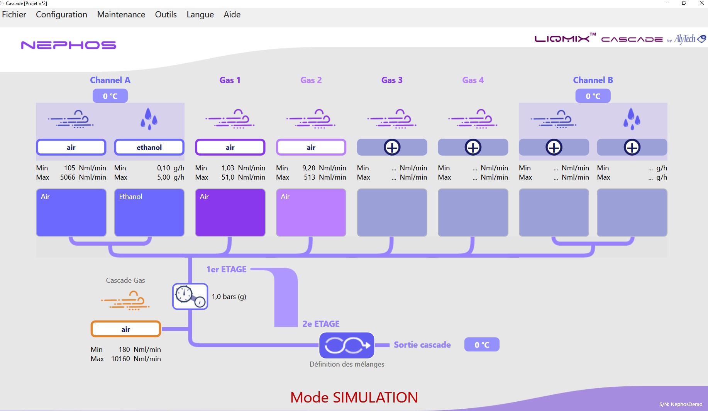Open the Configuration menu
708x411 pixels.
(x=61, y=15)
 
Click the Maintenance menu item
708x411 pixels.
(x=121, y=15)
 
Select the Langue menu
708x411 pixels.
(x=200, y=15)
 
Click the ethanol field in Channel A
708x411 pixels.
(x=149, y=147)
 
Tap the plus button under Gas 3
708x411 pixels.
(x=392, y=147)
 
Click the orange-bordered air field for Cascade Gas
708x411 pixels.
(x=125, y=329)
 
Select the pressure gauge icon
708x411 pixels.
(x=190, y=297)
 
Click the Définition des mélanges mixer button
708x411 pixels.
(x=347, y=345)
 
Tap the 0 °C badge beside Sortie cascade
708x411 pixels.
(x=481, y=345)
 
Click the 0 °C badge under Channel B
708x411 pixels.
(x=593, y=96)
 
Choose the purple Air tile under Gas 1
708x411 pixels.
(x=230, y=212)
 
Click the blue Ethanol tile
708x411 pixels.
(x=149, y=212)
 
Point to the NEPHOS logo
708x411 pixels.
(x=68, y=45)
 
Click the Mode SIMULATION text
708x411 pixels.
(x=354, y=397)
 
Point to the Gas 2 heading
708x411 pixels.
(x=311, y=80)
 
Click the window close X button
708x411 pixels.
(x=701, y=3)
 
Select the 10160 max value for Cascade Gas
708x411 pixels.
(x=120, y=359)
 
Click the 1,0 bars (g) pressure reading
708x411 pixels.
(x=229, y=297)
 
